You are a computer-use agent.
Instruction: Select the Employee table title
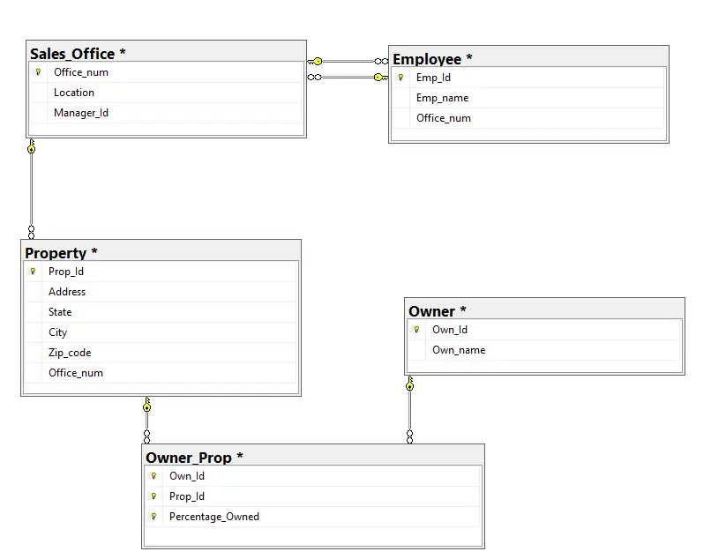pos(432,59)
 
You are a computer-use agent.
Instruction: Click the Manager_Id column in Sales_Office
pos(81,113)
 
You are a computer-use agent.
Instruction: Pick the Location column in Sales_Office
pos(74,93)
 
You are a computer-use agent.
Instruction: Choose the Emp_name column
pos(443,98)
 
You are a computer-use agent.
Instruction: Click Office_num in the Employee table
pos(444,118)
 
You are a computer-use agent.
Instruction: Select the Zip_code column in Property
pos(70,353)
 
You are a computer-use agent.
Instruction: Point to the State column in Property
pos(60,312)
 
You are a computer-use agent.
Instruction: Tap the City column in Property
pos(58,332)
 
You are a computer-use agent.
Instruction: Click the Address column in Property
pos(67,292)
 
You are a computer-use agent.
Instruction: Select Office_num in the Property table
pos(76,373)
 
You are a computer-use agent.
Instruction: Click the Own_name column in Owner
pos(459,350)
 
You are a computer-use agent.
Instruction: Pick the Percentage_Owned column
pos(214,517)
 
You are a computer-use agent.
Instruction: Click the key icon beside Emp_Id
pos(400,78)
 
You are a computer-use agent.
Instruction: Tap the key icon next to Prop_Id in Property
pos(33,272)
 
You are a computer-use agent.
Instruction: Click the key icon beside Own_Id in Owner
pos(416,330)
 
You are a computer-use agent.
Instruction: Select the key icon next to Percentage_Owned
pos(153,517)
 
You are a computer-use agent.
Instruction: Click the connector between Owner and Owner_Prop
pos(409,410)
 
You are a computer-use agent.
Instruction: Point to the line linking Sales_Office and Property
pos(32,190)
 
